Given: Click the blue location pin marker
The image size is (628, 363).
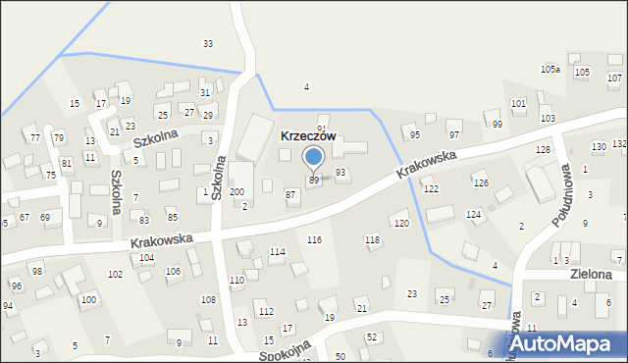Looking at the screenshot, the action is click(x=314, y=158).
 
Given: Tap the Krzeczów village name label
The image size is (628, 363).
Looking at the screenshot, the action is click(x=309, y=136).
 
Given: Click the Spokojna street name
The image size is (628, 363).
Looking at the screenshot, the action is click(x=286, y=350).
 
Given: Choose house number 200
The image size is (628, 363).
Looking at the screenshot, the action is click(x=236, y=192).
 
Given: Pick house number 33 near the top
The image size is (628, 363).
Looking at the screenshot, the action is click(x=208, y=43).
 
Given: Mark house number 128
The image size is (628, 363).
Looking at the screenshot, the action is click(x=543, y=149).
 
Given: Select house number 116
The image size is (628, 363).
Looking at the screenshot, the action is click(x=314, y=240).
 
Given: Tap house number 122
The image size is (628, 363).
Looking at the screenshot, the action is click(x=430, y=188).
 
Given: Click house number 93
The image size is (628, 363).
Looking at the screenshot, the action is click(x=340, y=173).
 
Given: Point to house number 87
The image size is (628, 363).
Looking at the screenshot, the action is click(x=290, y=195).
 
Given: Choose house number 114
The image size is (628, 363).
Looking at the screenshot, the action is click(x=278, y=252).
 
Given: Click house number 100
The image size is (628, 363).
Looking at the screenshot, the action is click(x=88, y=299).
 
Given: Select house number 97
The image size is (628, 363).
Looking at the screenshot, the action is click(x=454, y=134).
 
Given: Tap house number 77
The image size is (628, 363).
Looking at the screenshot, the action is click(x=34, y=138).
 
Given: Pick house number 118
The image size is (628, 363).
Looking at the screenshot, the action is click(x=372, y=240).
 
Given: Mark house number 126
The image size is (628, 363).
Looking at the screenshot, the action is click(x=481, y=183).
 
